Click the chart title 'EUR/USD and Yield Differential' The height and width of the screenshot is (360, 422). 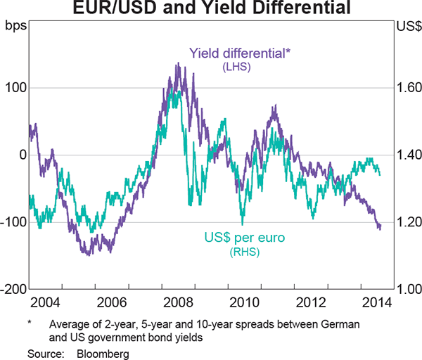[x=210, y=9]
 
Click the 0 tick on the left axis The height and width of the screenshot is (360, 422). [x=21, y=155]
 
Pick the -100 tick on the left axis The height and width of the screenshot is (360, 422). [x=13, y=222]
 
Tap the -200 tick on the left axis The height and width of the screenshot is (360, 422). [x=13, y=289]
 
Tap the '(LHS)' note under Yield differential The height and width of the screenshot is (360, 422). [x=236, y=67]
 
